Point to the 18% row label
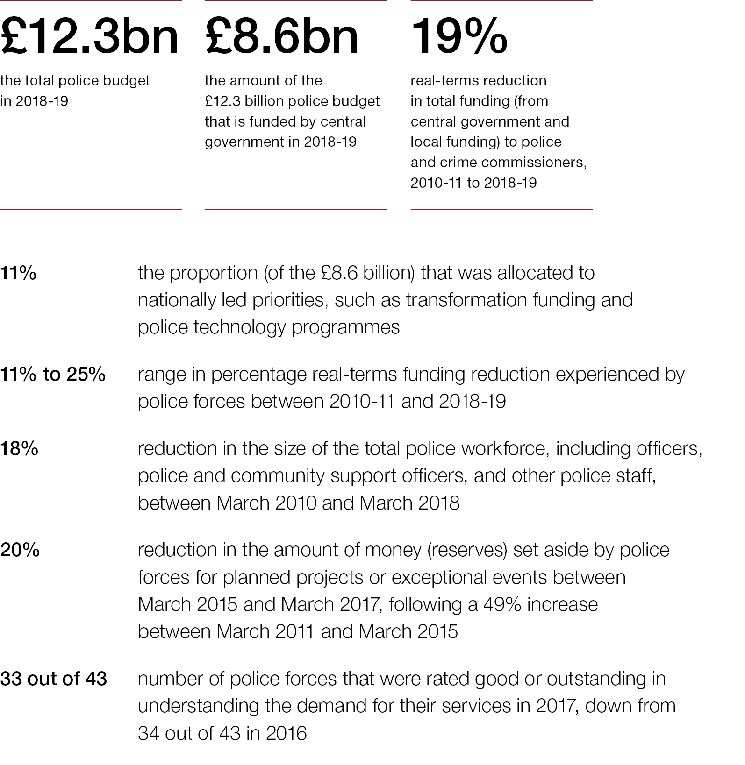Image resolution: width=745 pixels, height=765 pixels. pos(19,449)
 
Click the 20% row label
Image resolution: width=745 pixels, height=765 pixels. pos(20,550)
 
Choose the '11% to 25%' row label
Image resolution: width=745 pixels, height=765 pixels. pos(53,375)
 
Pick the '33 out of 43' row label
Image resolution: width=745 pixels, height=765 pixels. pos(53,679)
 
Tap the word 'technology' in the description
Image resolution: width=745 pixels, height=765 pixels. pos(239,327)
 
